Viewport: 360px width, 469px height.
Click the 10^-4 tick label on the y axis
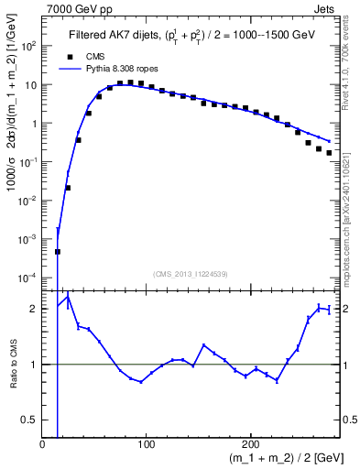pos(27,278)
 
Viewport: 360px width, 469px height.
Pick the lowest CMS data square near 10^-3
pos(57,251)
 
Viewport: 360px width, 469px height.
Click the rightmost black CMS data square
pos(329,153)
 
